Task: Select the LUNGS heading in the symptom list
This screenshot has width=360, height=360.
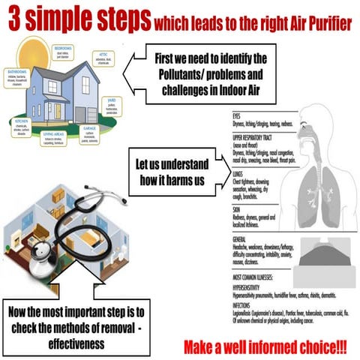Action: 240,172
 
